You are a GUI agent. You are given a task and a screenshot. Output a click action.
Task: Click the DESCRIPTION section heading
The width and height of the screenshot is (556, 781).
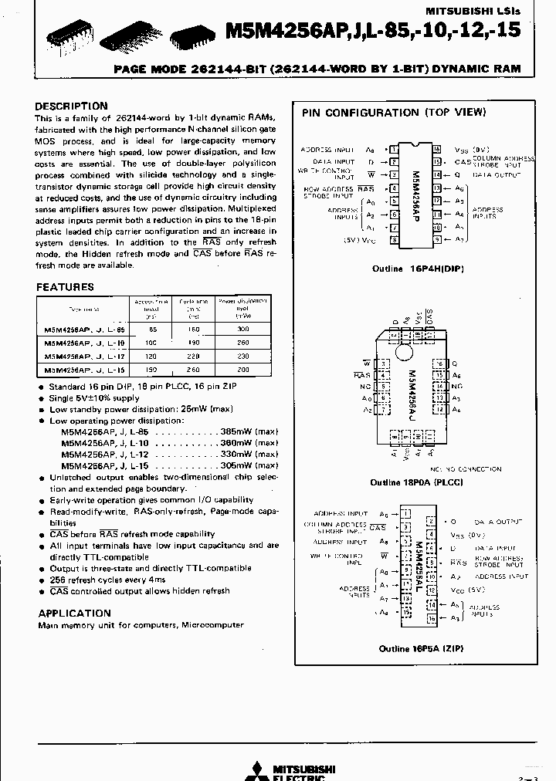click(x=72, y=106)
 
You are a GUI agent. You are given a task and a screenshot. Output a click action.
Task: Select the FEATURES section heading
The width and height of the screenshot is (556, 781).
click(x=65, y=286)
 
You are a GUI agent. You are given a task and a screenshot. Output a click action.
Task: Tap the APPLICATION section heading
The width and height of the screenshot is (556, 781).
click(x=74, y=613)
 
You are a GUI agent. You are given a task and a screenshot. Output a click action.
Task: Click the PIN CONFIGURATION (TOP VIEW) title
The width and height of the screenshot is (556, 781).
click(x=394, y=113)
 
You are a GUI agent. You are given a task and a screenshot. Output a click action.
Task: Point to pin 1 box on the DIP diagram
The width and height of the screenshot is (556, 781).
click(x=394, y=149)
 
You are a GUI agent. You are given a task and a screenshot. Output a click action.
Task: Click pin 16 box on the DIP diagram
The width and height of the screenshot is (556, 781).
click(x=436, y=149)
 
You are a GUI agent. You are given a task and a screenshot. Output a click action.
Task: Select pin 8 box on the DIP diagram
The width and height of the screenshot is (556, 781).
click(x=394, y=240)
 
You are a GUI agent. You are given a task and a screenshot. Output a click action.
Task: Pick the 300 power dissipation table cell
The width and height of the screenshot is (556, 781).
click(x=243, y=329)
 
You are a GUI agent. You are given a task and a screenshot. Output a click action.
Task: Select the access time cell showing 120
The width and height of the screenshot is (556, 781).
click(x=151, y=357)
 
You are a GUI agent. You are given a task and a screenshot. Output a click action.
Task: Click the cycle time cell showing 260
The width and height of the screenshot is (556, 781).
click(x=194, y=370)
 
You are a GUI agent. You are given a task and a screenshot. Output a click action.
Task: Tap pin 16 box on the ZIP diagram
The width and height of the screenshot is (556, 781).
click(x=431, y=618)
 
